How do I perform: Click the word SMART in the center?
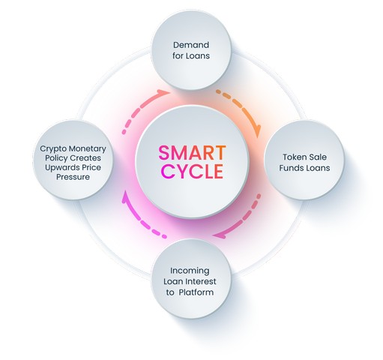192,153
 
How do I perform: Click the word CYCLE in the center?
192,171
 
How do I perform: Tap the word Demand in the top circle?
191,45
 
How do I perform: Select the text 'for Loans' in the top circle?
191,55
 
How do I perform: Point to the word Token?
292,157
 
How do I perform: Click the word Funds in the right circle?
290,168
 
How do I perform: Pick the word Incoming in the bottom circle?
190,271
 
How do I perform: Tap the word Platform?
196,292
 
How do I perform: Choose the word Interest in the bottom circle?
201,281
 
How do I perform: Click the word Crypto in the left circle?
52,149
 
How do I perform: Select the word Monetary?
87,149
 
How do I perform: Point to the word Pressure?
73,177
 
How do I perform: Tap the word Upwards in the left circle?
60,168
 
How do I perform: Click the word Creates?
85,158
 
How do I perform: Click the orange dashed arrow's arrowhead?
259,131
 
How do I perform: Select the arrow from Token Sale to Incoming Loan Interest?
244,220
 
